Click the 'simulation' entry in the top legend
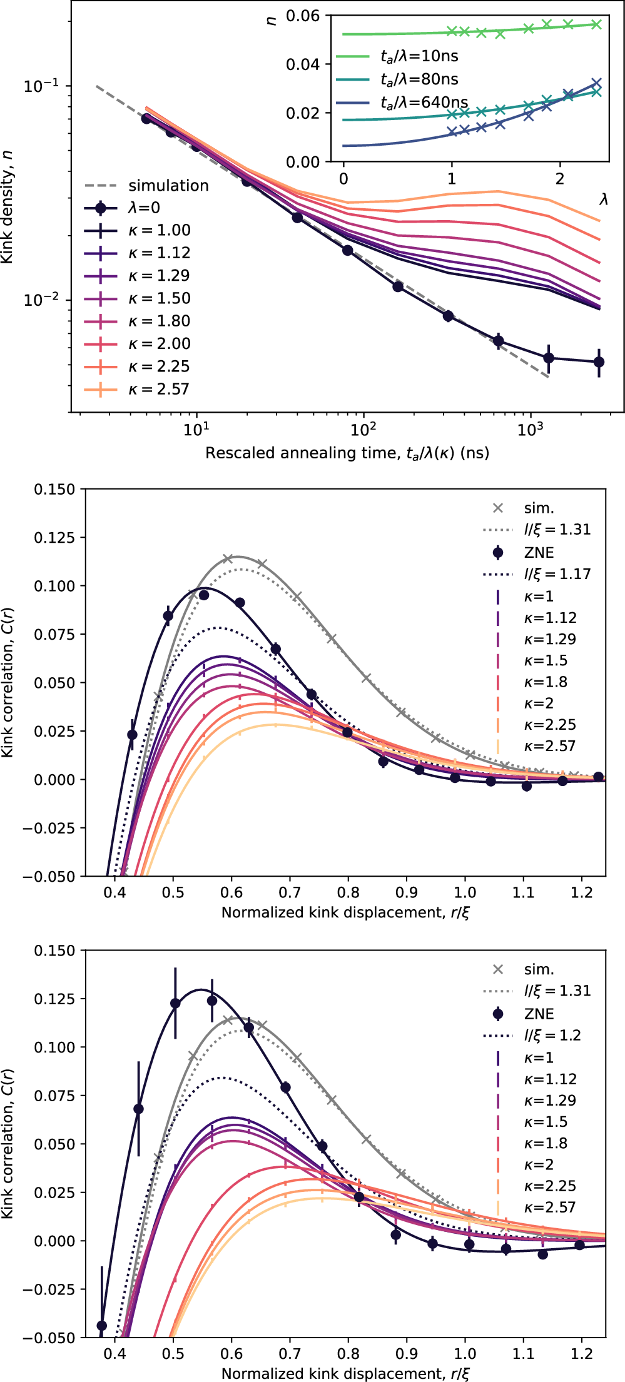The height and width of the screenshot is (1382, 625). pos(168,186)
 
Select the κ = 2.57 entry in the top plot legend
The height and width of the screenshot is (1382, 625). pos(158,390)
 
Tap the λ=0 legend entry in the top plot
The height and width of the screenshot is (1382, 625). pos(144,208)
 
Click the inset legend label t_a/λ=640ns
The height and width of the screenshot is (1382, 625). pos(424,103)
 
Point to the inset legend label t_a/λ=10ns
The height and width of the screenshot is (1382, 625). pos(419,56)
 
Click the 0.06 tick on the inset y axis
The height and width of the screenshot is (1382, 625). pos(303,16)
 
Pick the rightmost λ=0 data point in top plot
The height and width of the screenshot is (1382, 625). pos(599,362)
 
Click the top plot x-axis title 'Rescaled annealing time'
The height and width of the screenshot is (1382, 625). pos(347,453)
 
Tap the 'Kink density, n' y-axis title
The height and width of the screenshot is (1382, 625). pos(8,206)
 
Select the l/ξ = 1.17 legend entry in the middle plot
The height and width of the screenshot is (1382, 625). pos(557,574)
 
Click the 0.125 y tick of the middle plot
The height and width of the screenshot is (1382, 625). pos(54,538)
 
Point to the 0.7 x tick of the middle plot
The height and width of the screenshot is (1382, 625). pos(290,892)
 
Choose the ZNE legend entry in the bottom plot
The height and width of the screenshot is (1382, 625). pos(539,1014)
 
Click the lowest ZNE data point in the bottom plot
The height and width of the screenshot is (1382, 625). pos(102,1326)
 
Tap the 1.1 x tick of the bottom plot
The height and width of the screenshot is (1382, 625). pos(523,1354)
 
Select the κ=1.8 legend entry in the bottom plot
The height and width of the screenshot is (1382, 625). pos(546,1143)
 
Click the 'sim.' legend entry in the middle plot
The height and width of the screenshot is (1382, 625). pos(539,508)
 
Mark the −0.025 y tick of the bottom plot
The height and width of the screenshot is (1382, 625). pos(49,1289)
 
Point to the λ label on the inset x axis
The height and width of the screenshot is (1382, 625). pos(603,199)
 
